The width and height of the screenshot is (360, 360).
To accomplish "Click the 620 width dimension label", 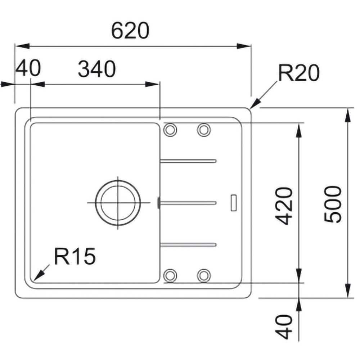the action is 130,30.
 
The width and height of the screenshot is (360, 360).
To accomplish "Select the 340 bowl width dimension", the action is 97,69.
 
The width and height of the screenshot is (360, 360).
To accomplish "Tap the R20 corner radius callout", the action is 299,73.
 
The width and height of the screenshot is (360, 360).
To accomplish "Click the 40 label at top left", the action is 28,68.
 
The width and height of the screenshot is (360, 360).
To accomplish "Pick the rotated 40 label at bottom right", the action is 284,327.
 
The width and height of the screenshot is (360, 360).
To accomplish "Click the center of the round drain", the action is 118,203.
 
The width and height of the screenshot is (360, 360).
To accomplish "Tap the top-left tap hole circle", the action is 170,130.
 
